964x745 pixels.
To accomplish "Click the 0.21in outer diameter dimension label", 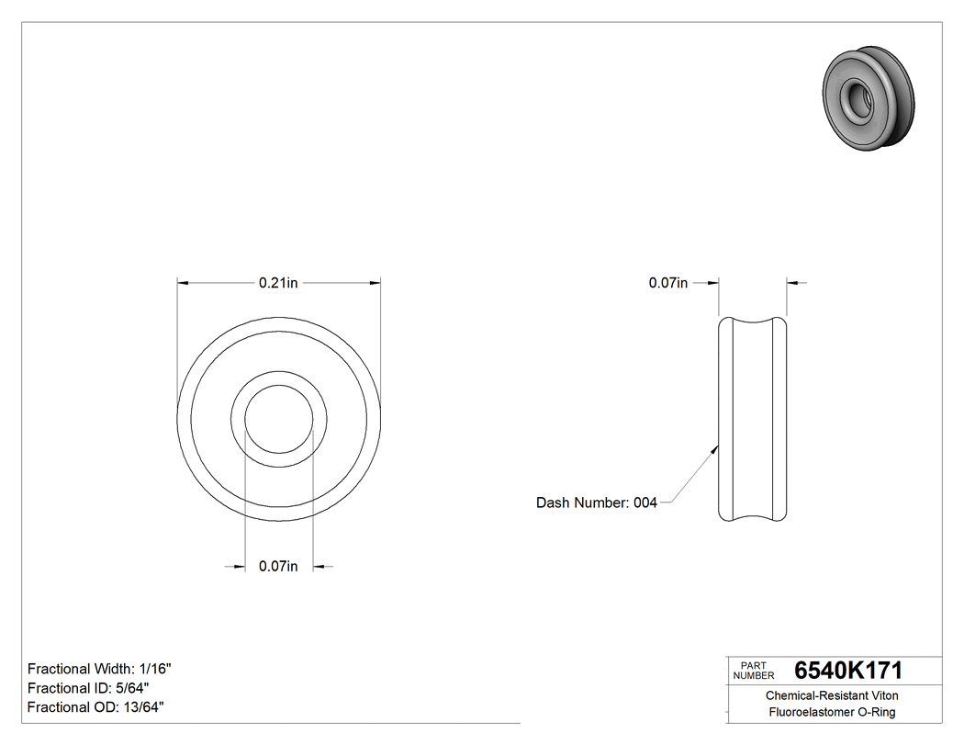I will click(x=278, y=283).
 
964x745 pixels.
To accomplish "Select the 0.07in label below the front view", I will click(x=278, y=567).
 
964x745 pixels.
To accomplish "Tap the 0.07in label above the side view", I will click(x=667, y=283).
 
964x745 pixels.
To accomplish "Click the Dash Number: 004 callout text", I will click(x=597, y=502).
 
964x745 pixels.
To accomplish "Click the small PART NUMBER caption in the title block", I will click(x=754, y=671).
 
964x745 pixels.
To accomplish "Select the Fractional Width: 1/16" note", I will click(x=99, y=669).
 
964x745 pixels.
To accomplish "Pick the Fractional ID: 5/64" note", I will click(x=88, y=688).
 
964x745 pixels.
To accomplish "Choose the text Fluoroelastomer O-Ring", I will click(x=832, y=712).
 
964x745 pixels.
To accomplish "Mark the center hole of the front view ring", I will click(x=278, y=419).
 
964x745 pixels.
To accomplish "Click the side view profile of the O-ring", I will click(x=752, y=419).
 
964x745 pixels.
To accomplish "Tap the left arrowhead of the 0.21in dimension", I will click(x=183, y=283).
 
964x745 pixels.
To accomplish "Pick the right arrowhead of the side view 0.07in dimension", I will click(x=793, y=283).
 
